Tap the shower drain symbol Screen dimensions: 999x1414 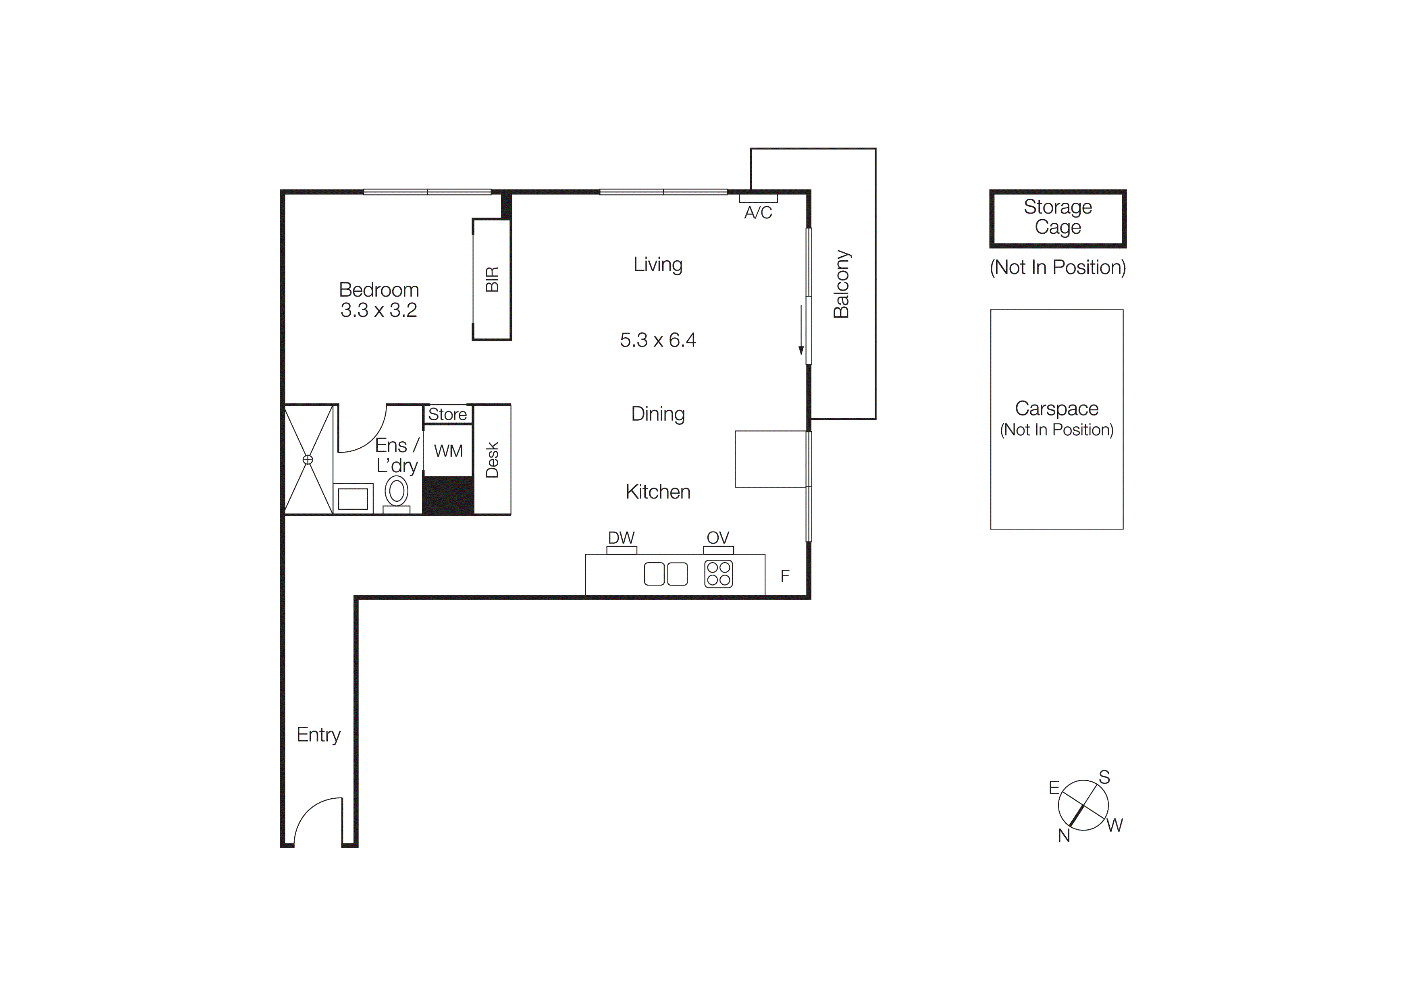(308, 460)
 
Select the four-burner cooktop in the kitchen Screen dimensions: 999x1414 (718, 574)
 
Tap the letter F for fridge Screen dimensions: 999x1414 (785, 576)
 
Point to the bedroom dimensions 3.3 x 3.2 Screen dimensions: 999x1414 (379, 310)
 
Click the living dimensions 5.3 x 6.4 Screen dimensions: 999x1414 (658, 341)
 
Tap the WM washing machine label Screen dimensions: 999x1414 (448, 451)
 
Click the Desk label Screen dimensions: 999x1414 (492, 460)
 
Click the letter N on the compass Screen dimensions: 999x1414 (1064, 835)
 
